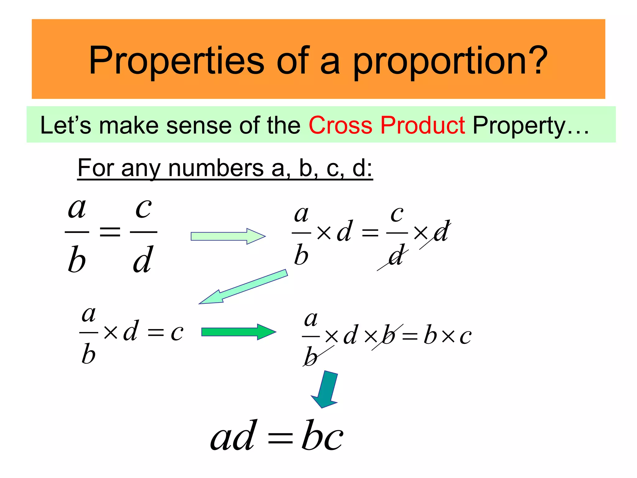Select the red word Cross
point(340,125)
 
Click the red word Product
point(423,125)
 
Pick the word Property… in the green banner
point(530,126)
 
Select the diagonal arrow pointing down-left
point(243,287)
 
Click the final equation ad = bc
point(277,436)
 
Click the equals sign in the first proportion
point(110,232)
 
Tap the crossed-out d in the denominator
point(396,256)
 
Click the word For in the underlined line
point(96,168)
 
